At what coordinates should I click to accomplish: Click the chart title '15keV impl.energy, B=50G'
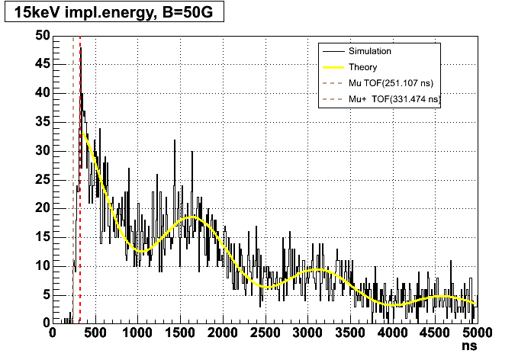(114, 14)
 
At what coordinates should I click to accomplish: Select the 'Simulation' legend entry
(369, 52)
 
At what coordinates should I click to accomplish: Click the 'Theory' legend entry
(362, 67)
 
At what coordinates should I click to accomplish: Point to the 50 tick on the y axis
(43, 35)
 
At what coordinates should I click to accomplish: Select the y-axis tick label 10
(43, 265)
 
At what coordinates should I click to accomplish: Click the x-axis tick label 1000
(137, 333)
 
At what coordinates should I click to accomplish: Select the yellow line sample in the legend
(332, 67)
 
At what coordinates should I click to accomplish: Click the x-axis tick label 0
(53, 333)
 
